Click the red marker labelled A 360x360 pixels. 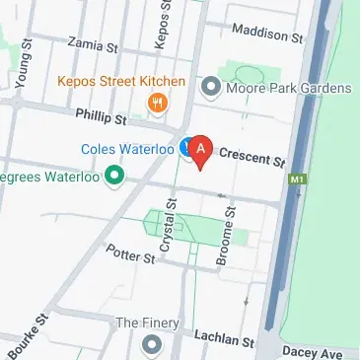click(x=201, y=149)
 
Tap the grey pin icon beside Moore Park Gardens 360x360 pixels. click(x=209, y=89)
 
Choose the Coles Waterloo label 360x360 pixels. click(x=127, y=149)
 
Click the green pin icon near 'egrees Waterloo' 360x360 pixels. click(x=113, y=178)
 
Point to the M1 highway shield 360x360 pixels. click(x=296, y=181)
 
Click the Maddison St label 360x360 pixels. click(x=268, y=36)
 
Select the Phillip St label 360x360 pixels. click(x=102, y=117)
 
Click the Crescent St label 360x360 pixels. click(x=252, y=155)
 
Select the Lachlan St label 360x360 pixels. click(x=218, y=336)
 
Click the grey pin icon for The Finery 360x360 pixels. click(x=151, y=343)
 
